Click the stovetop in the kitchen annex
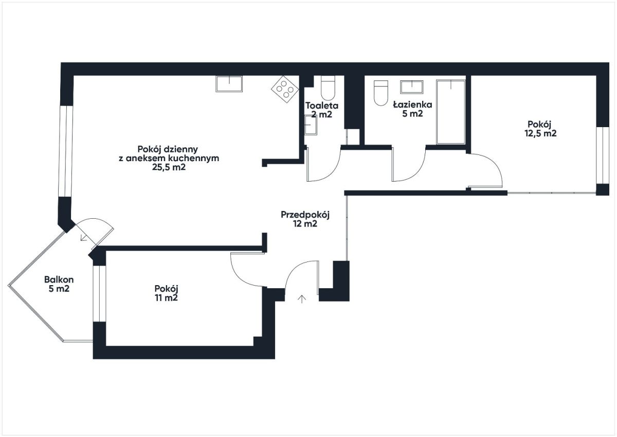(285, 90)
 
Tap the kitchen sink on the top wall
(229, 84)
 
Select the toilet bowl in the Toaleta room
(328, 88)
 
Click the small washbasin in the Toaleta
(311, 125)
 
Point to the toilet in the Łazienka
(381, 93)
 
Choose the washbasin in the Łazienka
(412, 87)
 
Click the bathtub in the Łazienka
(450, 112)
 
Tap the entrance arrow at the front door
(302, 299)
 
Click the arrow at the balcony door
(83, 238)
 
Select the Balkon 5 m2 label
(59, 284)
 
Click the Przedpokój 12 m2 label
(305, 219)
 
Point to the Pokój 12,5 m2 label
(540, 129)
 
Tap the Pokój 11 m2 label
(166, 293)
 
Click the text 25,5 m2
(169, 167)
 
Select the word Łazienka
(412, 104)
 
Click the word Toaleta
(322, 106)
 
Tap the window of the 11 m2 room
(99, 293)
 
